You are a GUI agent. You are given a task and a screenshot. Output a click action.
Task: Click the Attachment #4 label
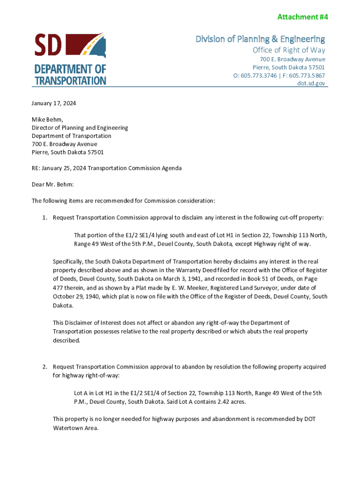point(302,17)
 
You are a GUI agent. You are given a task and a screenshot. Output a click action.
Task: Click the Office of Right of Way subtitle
point(289,50)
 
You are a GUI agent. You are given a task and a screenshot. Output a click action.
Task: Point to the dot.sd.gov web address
point(311,83)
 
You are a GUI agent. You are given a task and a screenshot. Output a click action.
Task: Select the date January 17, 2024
point(54,103)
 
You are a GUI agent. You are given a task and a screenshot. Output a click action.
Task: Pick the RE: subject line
point(107,168)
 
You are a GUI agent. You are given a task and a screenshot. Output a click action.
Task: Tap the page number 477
point(58,288)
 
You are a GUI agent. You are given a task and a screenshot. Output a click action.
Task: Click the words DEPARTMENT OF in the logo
point(70,70)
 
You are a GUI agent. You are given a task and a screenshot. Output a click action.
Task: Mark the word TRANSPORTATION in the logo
point(70,80)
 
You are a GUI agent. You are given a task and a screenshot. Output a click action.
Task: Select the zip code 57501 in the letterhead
point(315,67)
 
